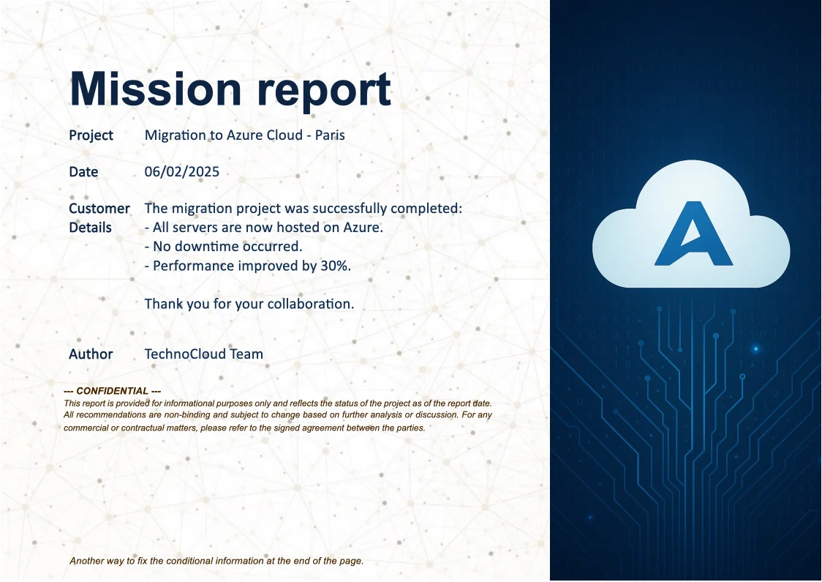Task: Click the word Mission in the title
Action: [x=155, y=89]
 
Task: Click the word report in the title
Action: [x=323, y=89]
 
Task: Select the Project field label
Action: [x=91, y=135]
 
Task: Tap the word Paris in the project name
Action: [x=330, y=135]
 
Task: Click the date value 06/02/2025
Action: [x=181, y=172]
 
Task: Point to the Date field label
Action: [x=83, y=172]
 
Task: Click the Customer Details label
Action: [x=99, y=217]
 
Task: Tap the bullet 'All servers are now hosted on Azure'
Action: [x=263, y=228]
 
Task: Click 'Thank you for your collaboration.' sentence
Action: [x=249, y=304]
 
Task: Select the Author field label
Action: [x=91, y=354]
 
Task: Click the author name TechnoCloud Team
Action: [x=203, y=354]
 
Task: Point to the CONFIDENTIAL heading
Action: [x=113, y=392]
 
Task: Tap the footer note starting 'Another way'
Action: [x=216, y=561]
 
